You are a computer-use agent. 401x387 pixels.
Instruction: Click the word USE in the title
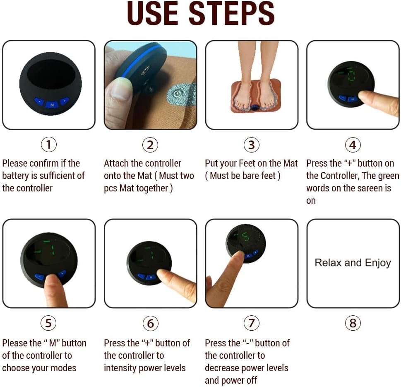tap(152, 13)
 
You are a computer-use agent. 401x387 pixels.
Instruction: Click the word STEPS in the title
tap(232, 13)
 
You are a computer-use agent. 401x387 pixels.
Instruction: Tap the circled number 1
tap(48, 145)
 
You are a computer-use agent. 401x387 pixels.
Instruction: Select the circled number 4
tap(353, 145)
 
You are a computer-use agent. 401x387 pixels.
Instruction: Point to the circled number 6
tap(150, 323)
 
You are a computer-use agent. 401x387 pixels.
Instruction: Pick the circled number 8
tap(353, 323)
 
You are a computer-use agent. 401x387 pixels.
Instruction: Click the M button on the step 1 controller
tap(52, 105)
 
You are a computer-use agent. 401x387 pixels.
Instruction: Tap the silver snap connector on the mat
tap(177, 94)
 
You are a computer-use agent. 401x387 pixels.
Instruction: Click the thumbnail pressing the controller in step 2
tap(119, 89)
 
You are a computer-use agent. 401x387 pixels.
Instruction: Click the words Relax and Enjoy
tap(353, 263)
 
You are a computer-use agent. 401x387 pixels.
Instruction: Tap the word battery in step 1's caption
tap(15, 176)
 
